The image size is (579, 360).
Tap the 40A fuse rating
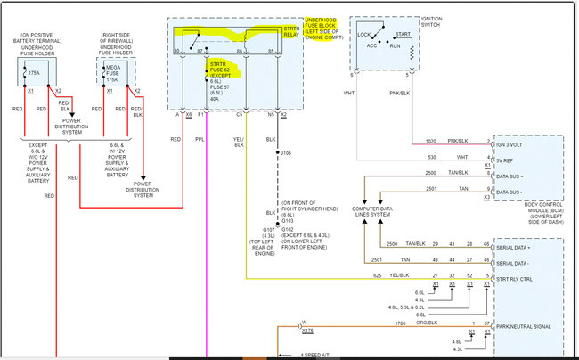click(x=215, y=99)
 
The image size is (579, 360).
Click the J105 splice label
click(x=287, y=152)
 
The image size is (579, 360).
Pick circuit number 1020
click(x=430, y=140)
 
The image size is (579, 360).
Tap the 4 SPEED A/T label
click(x=314, y=355)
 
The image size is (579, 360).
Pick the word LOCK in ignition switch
click(x=364, y=35)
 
